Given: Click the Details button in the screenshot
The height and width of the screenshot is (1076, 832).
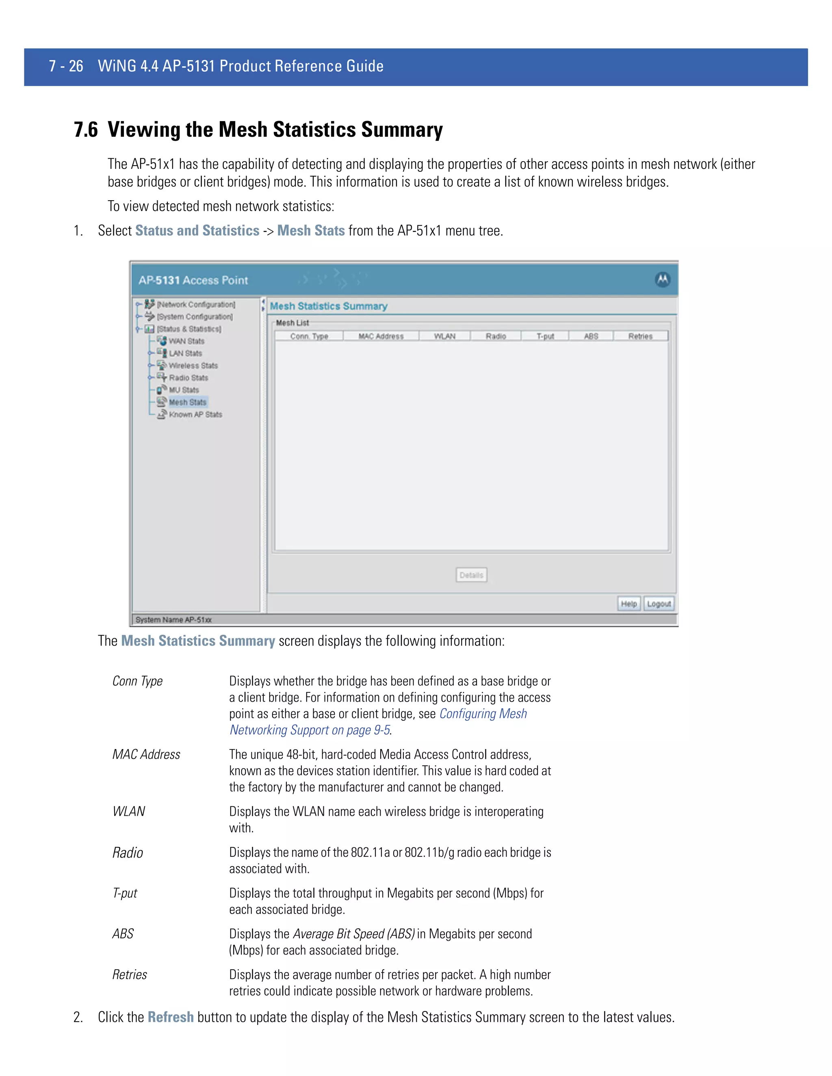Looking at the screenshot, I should [x=471, y=575].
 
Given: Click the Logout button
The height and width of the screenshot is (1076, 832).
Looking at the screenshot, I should [x=659, y=603].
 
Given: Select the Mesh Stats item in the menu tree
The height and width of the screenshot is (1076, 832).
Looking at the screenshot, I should [x=187, y=402].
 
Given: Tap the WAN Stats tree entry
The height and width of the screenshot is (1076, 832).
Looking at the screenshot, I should [x=186, y=341].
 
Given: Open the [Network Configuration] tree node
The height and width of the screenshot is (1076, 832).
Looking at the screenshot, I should [x=196, y=305].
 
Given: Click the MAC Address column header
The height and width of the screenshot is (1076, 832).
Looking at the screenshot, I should [x=381, y=336].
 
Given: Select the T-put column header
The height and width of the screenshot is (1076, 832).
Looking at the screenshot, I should [x=545, y=336].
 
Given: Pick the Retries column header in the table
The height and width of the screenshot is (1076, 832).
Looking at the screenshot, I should [x=640, y=336].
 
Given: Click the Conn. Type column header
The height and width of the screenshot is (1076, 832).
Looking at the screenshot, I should [x=309, y=336].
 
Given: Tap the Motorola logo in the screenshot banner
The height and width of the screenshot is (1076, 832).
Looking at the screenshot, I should [x=663, y=279].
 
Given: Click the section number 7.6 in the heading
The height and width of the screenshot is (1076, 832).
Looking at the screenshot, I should [x=86, y=130].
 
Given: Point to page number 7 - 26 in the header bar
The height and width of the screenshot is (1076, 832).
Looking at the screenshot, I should [x=66, y=66].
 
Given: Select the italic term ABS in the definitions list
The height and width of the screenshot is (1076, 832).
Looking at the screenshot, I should [x=123, y=933].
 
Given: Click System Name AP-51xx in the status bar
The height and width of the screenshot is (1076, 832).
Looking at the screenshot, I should [x=173, y=620].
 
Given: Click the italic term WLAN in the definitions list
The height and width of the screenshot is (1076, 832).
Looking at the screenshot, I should [x=129, y=811].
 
